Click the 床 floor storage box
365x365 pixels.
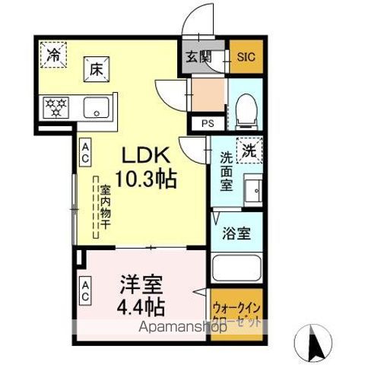tap(97, 68)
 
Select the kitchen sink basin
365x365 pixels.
tap(97, 106)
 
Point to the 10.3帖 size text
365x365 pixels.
tap(150, 179)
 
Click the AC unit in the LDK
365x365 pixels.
tap(85, 151)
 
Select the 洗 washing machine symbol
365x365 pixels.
tap(247, 150)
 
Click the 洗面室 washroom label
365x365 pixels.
tap(227, 173)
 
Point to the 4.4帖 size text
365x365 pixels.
tap(141, 309)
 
